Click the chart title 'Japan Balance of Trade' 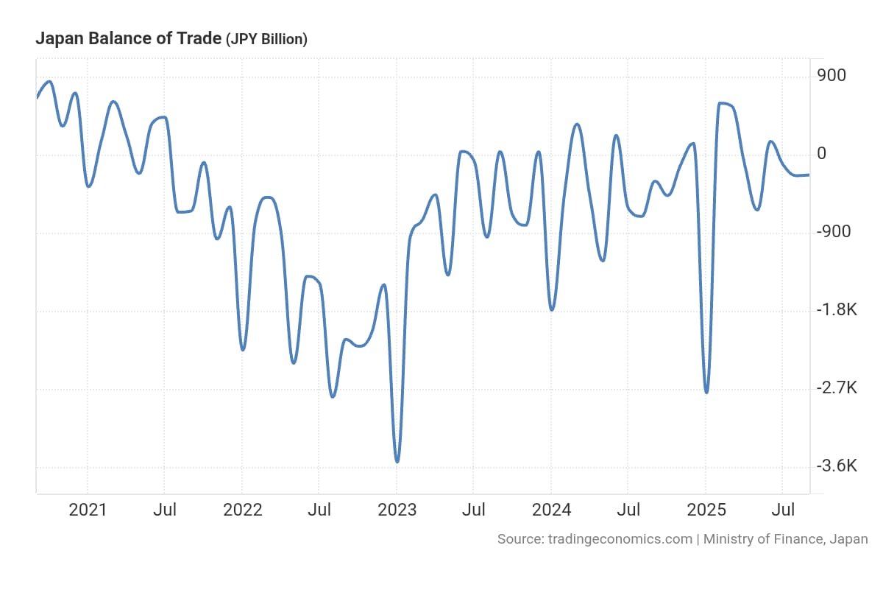[128, 39]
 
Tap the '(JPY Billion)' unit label [266, 40]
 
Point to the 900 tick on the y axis [831, 76]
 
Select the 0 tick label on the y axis [821, 154]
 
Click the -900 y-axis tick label [834, 232]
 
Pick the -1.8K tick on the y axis [837, 310]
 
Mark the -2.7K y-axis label [837, 388]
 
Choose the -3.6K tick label [837, 466]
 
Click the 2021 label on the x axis [88, 510]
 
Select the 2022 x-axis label [242, 510]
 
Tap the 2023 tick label [397, 510]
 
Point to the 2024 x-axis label [551, 510]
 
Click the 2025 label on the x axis [706, 510]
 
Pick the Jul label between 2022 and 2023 [319, 510]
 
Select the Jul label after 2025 [783, 510]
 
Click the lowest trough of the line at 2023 [397, 462]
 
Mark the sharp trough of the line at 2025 [706, 392]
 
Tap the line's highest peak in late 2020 [49, 82]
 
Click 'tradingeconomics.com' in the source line [620, 539]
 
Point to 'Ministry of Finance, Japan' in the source [785, 539]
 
